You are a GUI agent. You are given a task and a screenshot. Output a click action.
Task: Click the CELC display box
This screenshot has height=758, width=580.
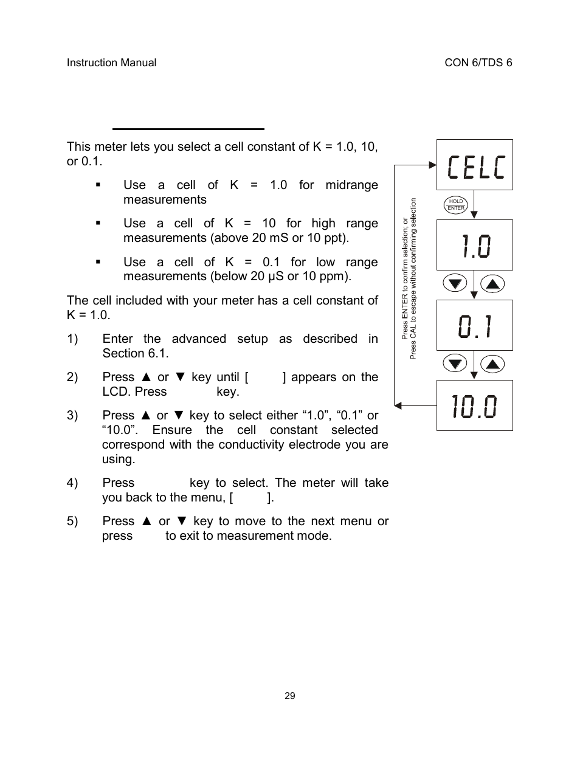click(x=474, y=165)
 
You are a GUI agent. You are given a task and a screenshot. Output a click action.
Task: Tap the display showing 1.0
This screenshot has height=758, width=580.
click(x=474, y=245)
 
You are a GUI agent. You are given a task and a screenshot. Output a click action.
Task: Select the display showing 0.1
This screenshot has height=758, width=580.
click(x=474, y=325)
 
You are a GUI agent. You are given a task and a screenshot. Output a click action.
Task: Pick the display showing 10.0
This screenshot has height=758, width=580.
click(x=474, y=405)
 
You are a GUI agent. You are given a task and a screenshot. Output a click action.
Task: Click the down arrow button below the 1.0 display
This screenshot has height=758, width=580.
click(x=455, y=283)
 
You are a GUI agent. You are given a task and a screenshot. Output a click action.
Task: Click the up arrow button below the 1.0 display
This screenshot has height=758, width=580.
click(x=493, y=283)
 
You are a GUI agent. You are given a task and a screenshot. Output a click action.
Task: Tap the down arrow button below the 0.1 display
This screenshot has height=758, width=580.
click(x=455, y=363)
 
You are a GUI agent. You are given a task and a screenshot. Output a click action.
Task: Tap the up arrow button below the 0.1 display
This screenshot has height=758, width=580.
click(x=493, y=363)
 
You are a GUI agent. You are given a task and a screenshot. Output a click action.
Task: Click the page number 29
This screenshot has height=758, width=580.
click(x=290, y=696)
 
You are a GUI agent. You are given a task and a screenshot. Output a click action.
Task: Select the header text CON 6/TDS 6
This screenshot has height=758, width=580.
click(x=478, y=63)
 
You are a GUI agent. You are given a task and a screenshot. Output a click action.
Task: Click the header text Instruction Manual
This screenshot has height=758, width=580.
click(x=111, y=63)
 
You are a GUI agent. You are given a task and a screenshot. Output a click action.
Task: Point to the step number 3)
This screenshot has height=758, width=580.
click(x=72, y=416)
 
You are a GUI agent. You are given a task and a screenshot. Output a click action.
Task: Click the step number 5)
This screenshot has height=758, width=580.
click(x=72, y=522)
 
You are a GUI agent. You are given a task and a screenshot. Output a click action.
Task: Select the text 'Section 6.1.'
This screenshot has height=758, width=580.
click(x=136, y=354)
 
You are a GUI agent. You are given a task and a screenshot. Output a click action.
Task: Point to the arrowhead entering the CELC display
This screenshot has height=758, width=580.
click(x=433, y=165)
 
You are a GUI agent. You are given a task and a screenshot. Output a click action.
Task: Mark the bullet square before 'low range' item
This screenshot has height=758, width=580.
click(x=97, y=263)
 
